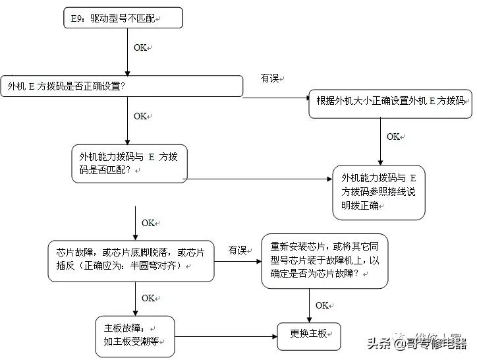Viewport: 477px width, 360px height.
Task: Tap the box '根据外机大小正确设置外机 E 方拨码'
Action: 390,101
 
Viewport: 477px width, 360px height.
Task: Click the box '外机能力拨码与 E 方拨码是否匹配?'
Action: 130,163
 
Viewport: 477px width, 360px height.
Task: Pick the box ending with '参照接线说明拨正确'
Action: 379,191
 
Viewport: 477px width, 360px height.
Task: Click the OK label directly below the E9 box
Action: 141,48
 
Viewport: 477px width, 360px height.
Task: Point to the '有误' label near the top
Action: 270,78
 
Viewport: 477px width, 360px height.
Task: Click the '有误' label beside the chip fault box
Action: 237,251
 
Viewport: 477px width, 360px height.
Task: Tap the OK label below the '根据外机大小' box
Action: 393,136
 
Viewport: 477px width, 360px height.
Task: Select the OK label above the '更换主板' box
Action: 322,305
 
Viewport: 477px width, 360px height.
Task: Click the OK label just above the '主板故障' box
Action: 148,298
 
